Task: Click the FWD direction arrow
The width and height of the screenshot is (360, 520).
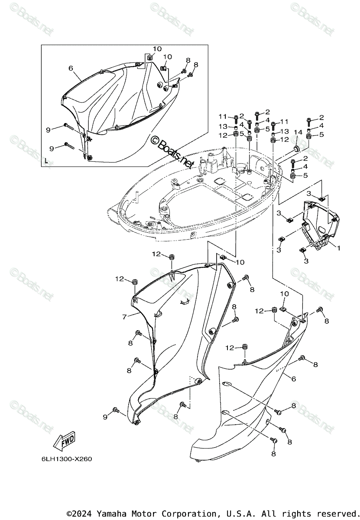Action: pyautogui.click(x=64, y=442)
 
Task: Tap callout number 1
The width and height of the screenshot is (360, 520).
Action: pyautogui.click(x=338, y=249)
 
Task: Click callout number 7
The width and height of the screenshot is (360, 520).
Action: pyautogui.click(x=124, y=317)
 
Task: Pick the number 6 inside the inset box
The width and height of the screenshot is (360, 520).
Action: pyautogui.click(x=71, y=68)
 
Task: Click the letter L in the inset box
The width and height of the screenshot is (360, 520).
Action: pyautogui.click(x=46, y=161)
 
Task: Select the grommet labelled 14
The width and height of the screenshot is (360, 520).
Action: pyautogui.click(x=296, y=149)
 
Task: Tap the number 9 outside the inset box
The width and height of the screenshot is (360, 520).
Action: pyautogui.click(x=105, y=416)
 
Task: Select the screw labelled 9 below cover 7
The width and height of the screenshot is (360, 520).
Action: pyautogui.click(x=116, y=410)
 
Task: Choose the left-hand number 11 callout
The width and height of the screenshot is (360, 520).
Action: pyautogui.click(x=223, y=117)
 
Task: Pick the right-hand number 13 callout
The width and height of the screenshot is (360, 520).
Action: pyautogui.click(x=284, y=131)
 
